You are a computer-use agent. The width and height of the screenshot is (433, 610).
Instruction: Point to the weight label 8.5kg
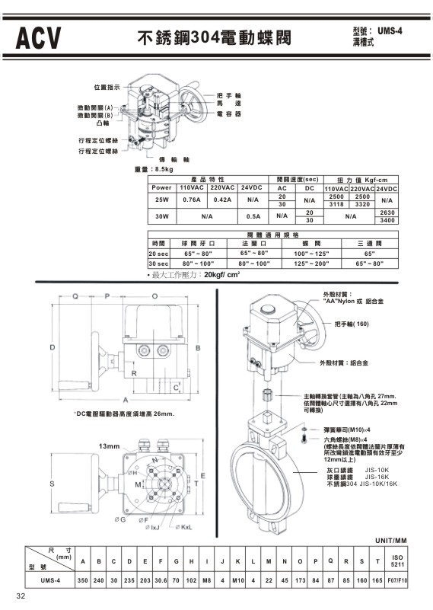[161, 169]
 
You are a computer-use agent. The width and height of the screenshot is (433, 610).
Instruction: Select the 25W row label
[161, 200]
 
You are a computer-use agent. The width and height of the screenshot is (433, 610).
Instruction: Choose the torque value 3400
[387, 220]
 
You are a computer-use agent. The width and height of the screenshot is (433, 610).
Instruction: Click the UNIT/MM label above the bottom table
[390, 540]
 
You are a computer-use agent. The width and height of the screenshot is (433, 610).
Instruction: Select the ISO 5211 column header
[398, 561]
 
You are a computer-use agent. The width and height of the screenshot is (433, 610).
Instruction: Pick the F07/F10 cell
[398, 581]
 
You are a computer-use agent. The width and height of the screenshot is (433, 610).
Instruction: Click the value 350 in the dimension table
[83, 581]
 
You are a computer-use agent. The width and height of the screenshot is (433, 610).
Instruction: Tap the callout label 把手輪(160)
[353, 324]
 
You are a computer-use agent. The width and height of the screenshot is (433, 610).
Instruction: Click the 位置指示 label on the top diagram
[107, 88]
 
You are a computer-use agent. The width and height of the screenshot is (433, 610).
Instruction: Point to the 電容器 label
[228, 113]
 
